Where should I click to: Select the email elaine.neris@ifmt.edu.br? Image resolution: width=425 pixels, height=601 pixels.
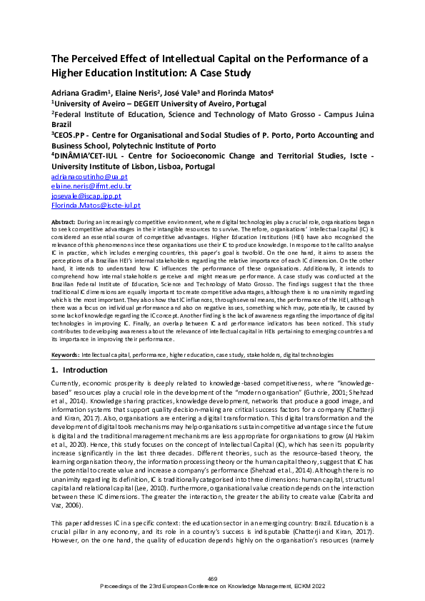tap(81, 186)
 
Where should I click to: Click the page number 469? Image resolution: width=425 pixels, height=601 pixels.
tap(212, 577)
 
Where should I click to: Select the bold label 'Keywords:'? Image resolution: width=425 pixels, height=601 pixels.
tap(66, 354)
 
